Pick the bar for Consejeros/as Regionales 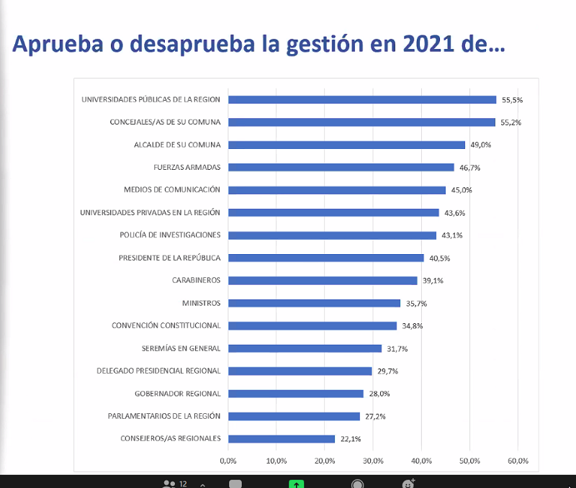[282, 438]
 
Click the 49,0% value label [480, 145]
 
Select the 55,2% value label [511, 122]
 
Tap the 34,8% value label [412, 326]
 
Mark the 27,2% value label [374, 417]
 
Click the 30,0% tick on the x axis [372, 461]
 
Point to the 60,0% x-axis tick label [518, 461]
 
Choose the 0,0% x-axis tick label [228, 461]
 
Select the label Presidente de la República [169, 258]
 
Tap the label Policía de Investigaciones [170, 235]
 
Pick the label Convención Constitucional [166, 325]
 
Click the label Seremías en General [181, 348]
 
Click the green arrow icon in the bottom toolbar [296, 484]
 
